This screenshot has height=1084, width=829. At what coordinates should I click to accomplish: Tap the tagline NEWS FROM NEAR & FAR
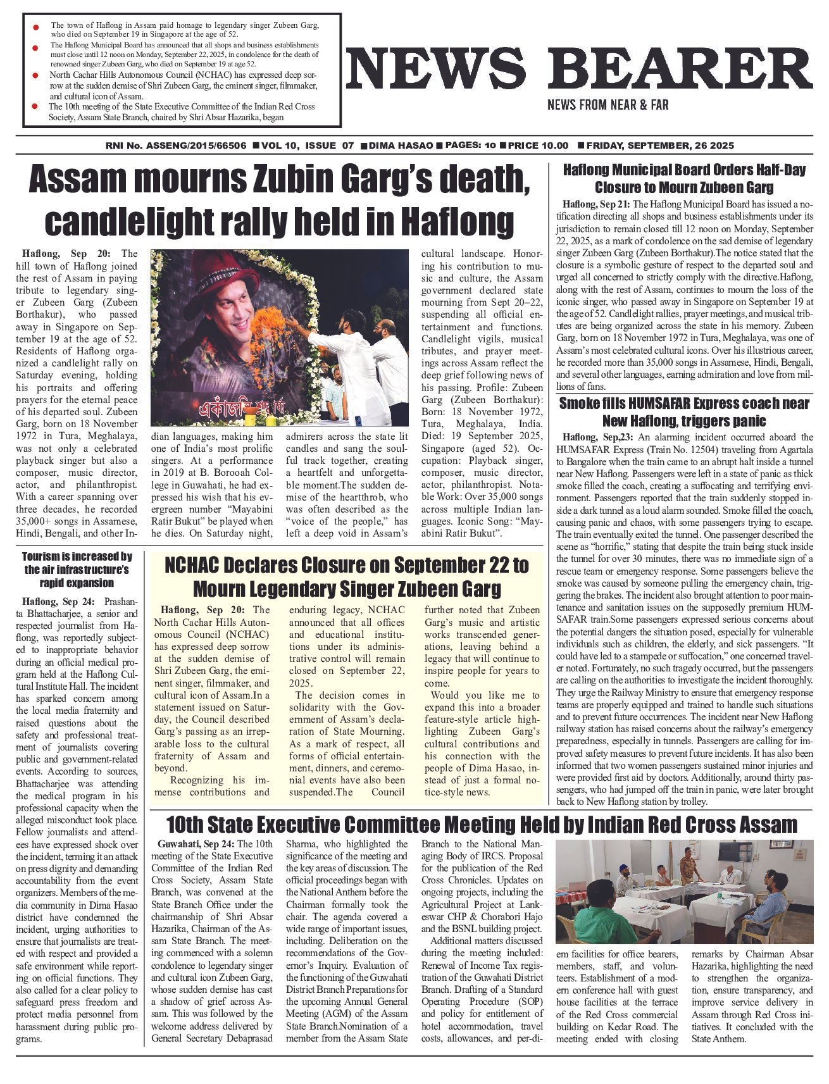(608, 105)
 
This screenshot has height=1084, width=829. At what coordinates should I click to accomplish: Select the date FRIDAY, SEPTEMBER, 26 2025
(660, 146)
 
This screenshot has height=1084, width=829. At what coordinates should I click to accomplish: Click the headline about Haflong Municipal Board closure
(684, 179)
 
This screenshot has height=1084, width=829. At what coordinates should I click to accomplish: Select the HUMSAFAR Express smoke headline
(684, 412)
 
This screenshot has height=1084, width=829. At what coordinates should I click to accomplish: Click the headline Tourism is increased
(77, 570)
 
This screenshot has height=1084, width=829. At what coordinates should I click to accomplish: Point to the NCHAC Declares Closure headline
(347, 576)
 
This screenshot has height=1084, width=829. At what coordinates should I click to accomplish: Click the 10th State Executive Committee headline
(481, 825)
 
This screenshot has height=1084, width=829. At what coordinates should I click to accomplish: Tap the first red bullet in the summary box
(36, 27)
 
